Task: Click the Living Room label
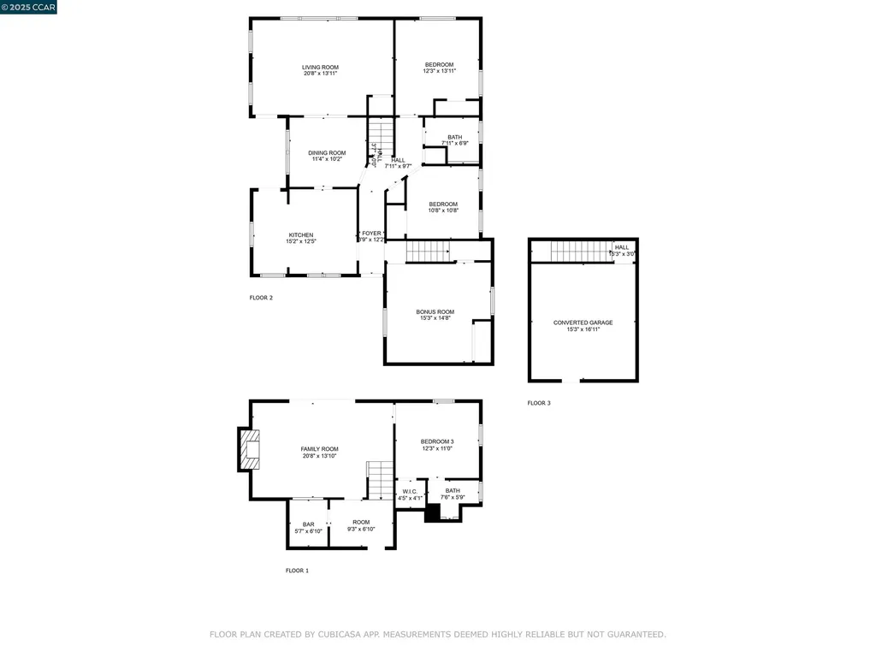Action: [320, 68]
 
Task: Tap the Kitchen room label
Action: [300, 235]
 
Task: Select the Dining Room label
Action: [327, 153]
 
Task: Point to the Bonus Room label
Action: [435, 312]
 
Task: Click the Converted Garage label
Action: [583, 323]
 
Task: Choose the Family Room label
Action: [319, 449]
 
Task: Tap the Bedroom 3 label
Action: [436, 441]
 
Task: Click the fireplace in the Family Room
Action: [250, 449]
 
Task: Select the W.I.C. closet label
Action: [409, 491]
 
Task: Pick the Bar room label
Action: [308, 524]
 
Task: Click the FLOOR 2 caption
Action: [261, 298]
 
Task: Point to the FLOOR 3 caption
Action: [539, 403]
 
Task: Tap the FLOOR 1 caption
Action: [297, 571]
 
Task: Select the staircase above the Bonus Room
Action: [427, 252]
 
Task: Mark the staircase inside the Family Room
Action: [380, 479]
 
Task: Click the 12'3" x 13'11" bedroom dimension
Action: [439, 71]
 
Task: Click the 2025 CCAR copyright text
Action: [28, 7]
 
